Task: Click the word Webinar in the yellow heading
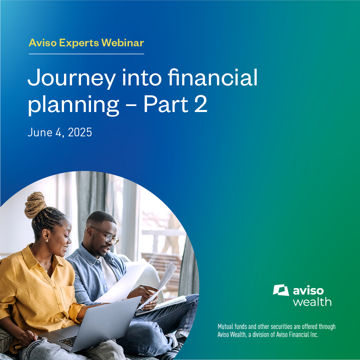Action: point(123,43)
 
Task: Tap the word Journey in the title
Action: point(71,78)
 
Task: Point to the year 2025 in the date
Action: point(80,132)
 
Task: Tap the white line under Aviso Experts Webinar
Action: point(86,54)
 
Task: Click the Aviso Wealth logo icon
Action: point(281,290)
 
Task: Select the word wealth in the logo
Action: point(312,302)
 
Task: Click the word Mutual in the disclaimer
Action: point(225,326)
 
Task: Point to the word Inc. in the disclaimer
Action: point(314,335)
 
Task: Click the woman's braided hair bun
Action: point(35,205)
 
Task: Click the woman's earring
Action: point(47,240)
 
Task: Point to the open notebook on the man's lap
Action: point(161,305)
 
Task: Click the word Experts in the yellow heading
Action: point(79,43)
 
